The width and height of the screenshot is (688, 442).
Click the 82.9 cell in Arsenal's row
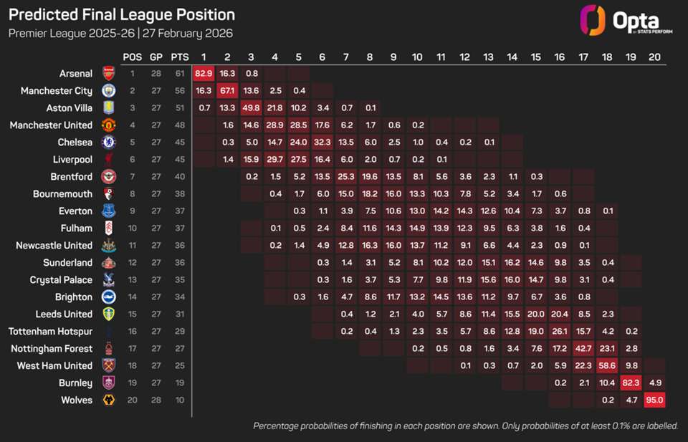tap(204, 73)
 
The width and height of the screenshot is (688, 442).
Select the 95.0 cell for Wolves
tap(654, 400)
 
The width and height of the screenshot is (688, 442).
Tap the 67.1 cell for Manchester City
tap(227, 90)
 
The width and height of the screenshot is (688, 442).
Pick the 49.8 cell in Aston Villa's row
tap(251, 107)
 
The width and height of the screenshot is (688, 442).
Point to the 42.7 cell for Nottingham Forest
tap(583, 348)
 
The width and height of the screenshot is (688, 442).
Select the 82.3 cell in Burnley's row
tap(630, 383)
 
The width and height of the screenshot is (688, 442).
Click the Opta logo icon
tap(593, 20)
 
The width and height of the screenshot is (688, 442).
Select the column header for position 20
tap(654, 57)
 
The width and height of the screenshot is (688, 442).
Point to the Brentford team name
tap(72, 176)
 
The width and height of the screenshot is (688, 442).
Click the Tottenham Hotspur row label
tap(50, 331)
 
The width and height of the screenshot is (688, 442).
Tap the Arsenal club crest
tap(108, 73)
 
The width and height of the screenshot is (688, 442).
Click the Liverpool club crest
tap(108, 159)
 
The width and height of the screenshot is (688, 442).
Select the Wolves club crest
tap(108, 400)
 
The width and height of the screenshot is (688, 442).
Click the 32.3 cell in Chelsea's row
tap(322, 142)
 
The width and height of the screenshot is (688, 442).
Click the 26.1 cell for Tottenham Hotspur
tap(559, 331)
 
